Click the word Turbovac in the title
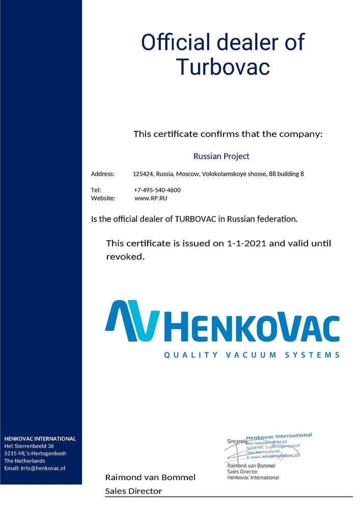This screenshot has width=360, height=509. pos(223,67)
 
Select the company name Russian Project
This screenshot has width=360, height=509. pos(221,156)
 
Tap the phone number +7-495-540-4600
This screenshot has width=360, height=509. pos(157,190)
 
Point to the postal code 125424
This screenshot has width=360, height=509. pos(143,174)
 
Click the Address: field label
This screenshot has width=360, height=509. pos(103,174)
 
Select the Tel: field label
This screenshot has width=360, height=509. pos(96,190)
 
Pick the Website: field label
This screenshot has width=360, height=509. pos(103,199)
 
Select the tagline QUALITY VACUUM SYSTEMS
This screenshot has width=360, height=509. pos(251,355)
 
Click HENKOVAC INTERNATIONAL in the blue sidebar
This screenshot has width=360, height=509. pos(40,438)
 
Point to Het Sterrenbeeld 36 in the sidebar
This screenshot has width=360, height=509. pos(29,446)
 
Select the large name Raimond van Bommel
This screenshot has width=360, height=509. pos(150,477)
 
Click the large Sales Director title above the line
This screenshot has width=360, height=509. pos(133,491)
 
